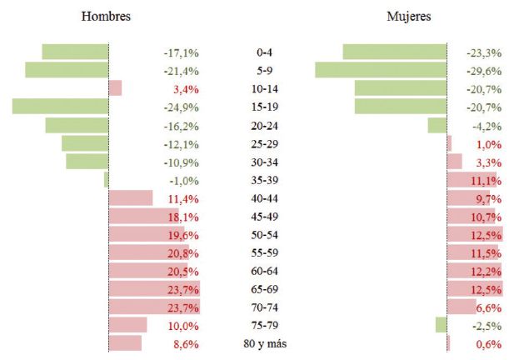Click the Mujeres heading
pyautogui.click(x=409, y=17)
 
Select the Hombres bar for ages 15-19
pyautogui.click(x=61, y=107)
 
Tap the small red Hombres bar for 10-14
pyautogui.click(x=116, y=88)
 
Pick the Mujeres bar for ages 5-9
pyautogui.click(x=381, y=70)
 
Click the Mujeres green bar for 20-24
pyautogui.click(x=437, y=125)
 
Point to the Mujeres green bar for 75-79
pyautogui.click(x=442, y=325)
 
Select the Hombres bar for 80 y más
pyautogui.click(x=126, y=343)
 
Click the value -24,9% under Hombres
pyautogui.click(x=181, y=107)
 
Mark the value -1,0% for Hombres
pyautogui.click(x=183, y=180)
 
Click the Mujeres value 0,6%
pyautogui.click(x=488, y=344)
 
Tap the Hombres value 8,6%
pyautogui.click(x=185, y=343)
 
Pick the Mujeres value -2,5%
pyautogui.click(x=487, y=326)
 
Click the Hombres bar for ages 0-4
pyautogui.click(x=75, y=52)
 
